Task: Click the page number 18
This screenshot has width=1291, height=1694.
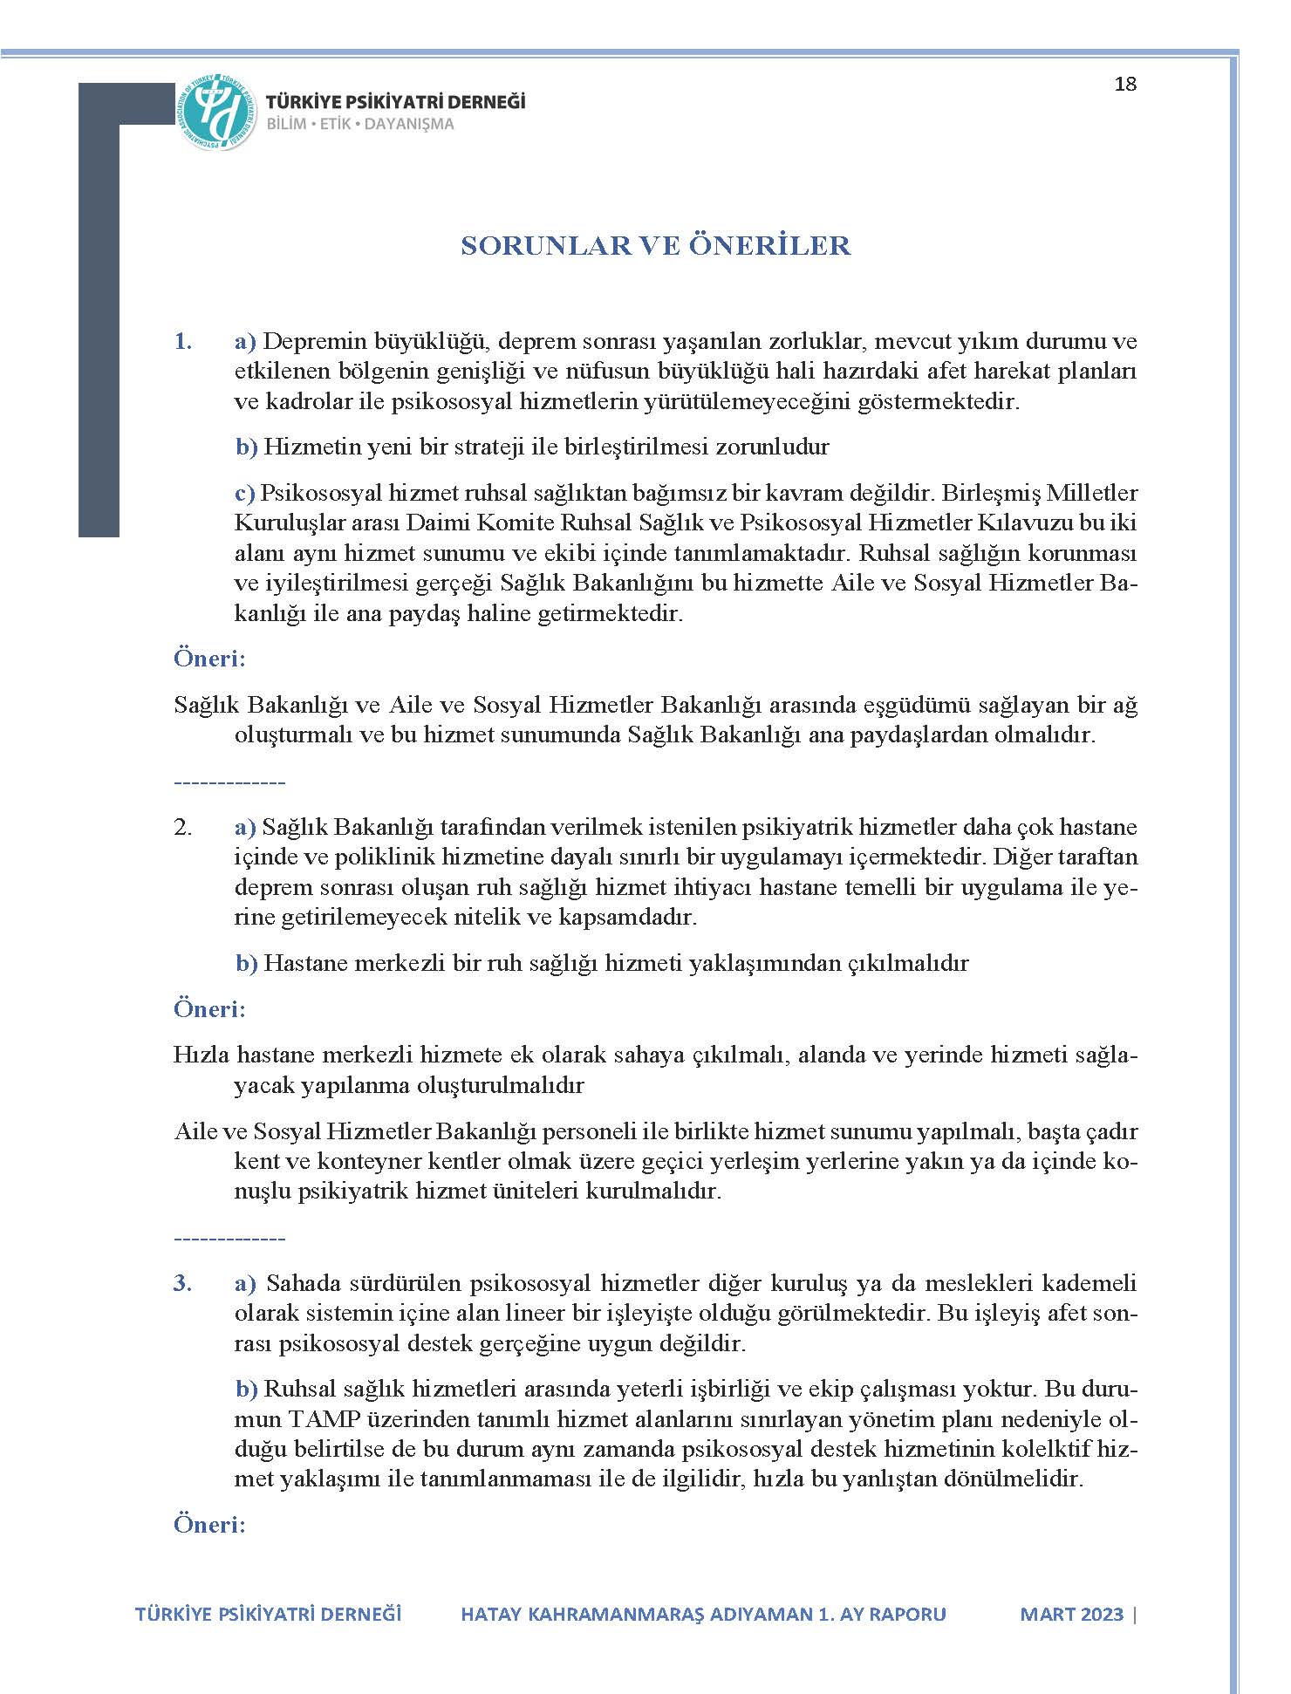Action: point(1125,85)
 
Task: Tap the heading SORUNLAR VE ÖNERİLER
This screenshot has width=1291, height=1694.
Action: point(655,246)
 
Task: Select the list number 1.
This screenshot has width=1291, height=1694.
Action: point(182,341)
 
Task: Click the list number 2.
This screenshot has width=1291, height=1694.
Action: point(182,827)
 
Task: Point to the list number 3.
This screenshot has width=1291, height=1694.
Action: point(182,1283)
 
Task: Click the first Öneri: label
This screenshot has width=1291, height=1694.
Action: point(209,658)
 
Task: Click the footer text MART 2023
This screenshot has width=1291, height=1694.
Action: point(1071,1614)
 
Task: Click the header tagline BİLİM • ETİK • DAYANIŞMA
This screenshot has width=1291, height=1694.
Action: point(360,124)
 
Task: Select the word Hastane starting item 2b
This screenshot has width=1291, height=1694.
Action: point(302,963)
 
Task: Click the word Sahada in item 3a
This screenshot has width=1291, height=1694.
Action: point(304,1283)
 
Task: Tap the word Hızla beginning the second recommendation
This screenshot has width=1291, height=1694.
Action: point(201,1055)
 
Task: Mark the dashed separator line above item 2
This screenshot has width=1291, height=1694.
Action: point(229,782)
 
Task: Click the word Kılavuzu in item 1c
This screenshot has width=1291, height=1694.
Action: point(988,523)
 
